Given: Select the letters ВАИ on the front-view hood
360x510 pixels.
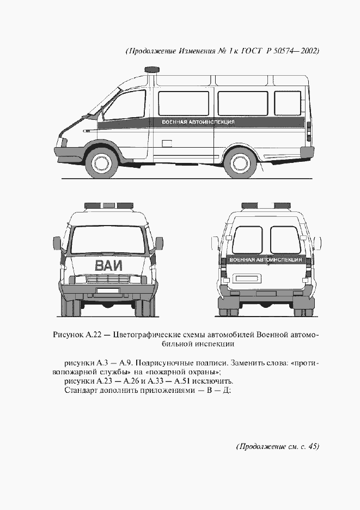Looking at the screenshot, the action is click(109, 266).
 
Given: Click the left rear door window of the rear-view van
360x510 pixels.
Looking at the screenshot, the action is click(247, 240).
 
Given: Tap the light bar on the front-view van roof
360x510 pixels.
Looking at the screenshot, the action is click(109, 206).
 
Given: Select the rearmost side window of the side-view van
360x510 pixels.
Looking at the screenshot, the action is click(287, 103).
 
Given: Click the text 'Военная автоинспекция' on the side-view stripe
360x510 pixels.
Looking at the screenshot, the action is click(198, 122).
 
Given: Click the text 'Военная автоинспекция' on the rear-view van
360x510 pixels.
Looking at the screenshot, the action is click(266, 260).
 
